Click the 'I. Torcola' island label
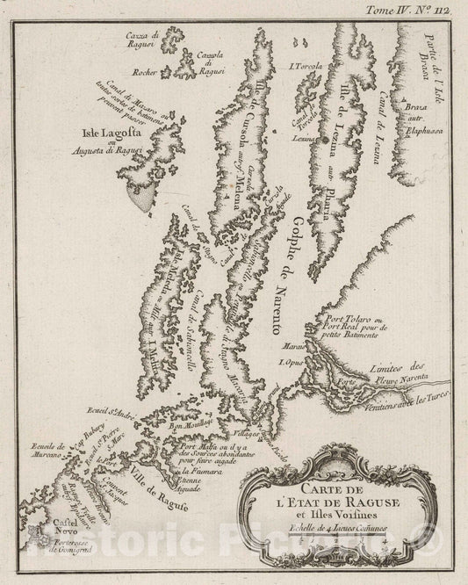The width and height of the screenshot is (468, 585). [x=306, y=68]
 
